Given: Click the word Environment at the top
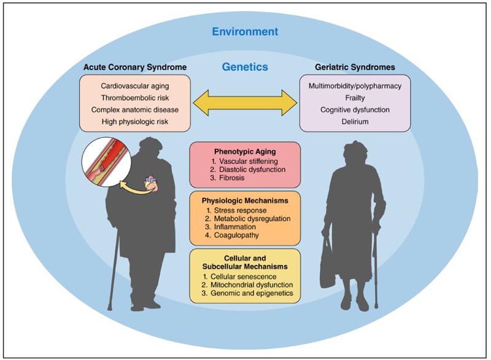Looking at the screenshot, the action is [x=245, y=32].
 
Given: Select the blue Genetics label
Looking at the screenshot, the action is [x=245, y=67].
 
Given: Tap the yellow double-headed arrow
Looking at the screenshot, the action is [x=245, y=103].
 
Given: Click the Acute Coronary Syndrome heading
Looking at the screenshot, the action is [x=135, y=67].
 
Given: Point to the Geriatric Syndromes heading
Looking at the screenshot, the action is [x=355, y=67].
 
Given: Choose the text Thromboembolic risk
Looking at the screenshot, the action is [x=135, y=98].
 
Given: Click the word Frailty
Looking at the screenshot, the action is [x=355, y=98].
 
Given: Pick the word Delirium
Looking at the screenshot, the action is [x=355, y=122].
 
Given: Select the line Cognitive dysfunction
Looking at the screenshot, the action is [x=355, y=110].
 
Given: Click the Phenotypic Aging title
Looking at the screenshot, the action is [x=245, y=152].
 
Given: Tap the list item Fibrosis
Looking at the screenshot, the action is [x=232, y=178].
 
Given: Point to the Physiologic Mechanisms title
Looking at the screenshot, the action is [x=245, y=200].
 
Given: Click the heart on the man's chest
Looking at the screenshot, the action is [x=152, y=184].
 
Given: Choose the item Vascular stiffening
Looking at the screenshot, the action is [x=249, y=162].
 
